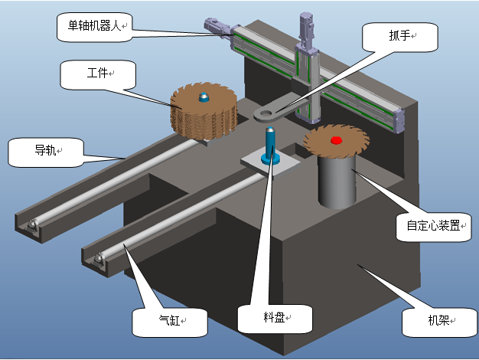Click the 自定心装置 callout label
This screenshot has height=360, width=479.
click(x=432, y=226)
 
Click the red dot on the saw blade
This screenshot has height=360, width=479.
click(x=334, y=141)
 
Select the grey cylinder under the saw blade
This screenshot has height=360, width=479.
click(x=336, y=181)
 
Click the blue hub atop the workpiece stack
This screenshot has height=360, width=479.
click(x=204, y=97)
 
